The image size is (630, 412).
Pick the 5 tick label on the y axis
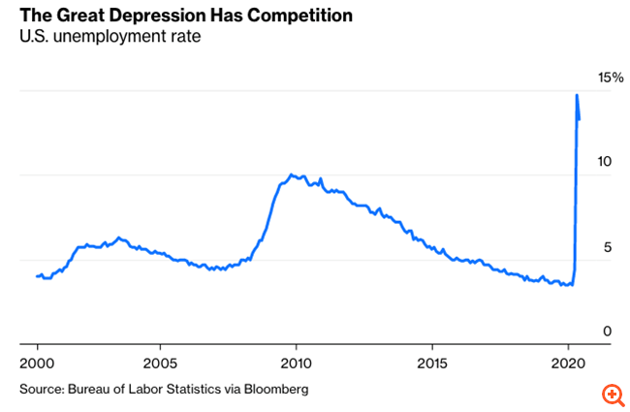point(607,246)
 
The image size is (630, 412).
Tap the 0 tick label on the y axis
point(607,331)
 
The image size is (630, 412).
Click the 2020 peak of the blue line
point(577,95)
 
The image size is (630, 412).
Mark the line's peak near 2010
point(292,174)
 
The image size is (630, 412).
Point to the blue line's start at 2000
point(38,276)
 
